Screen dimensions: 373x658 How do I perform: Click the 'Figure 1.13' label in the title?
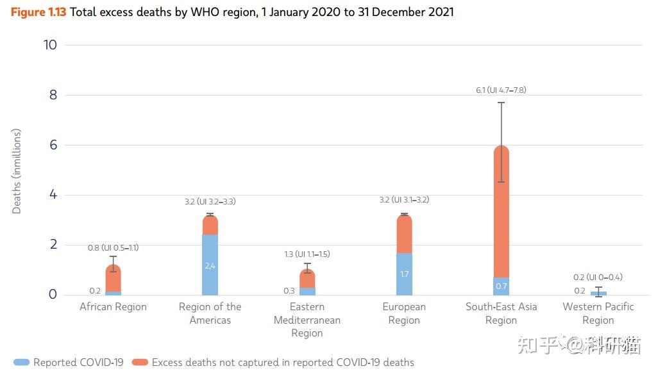click(38, 12)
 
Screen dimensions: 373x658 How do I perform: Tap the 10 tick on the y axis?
click(50, 45)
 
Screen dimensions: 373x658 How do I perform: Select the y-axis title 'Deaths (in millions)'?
click(17, 171)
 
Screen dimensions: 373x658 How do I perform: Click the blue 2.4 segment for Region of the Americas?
click(210, 265)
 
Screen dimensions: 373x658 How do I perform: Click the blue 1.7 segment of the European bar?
click(404, 274)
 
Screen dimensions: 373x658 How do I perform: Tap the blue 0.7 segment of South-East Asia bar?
click(501, 286)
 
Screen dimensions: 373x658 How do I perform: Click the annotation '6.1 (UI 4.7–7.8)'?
click(501, 90)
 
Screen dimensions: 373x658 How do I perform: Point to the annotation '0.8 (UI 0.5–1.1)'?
click(114, 247)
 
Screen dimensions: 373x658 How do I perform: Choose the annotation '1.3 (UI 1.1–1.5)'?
click(307, 254)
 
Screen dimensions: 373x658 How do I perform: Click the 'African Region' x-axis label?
click(114, 307)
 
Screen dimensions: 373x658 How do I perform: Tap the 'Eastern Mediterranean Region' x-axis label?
click(307, 320)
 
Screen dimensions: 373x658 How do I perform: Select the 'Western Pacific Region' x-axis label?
click(598, 313)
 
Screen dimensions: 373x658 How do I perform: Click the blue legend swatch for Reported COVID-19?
click(21, 363)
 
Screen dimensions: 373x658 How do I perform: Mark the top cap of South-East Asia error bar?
click(501, 103)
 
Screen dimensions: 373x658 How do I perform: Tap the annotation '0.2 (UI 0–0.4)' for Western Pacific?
click(598, 278)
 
